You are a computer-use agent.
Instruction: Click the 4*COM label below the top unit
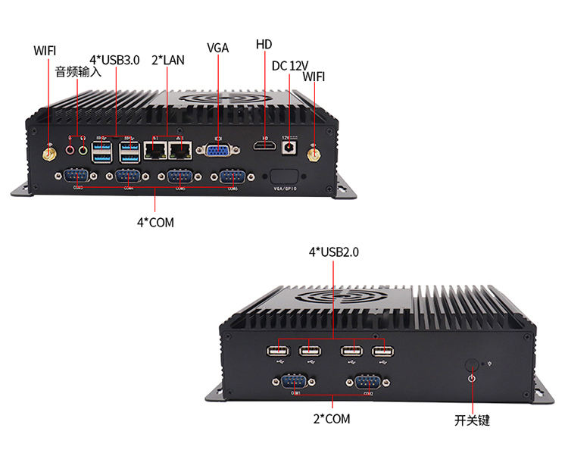[x=155, y=222]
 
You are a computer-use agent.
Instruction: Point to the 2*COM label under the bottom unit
[x=332, y=418]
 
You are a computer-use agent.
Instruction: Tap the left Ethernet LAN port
[x=155, y=151]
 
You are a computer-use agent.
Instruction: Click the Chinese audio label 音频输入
[x=78, y=73]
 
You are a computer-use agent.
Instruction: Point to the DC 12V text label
[x=290, y=65]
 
